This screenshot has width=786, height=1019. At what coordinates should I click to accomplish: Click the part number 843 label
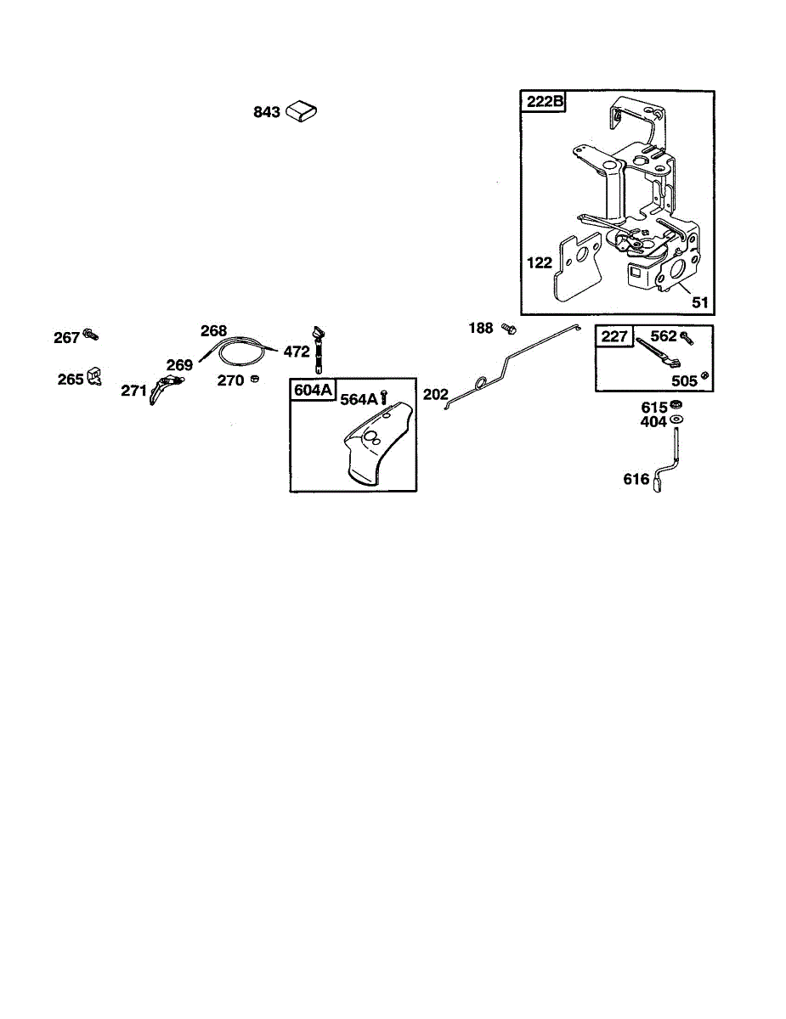point(267,112)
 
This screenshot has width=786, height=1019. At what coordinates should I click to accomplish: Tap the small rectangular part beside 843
point(302,111)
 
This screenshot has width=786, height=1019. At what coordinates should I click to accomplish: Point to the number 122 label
point(539,263)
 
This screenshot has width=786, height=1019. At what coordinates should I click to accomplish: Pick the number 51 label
point(700,302)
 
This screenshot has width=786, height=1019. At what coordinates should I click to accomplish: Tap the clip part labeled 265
point(93,377)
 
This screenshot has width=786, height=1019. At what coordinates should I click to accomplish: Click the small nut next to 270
point(254,379)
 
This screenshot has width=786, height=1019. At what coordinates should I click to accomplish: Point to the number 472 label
point(297,350)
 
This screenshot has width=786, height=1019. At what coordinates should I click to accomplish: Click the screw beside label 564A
point(385,397)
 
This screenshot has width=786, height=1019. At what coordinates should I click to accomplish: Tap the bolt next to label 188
point(508,328)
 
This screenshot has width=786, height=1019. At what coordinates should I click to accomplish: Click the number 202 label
point(434,395)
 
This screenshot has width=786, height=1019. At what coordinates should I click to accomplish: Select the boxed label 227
point(614,337)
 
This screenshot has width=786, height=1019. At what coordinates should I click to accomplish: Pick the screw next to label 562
point(685,338)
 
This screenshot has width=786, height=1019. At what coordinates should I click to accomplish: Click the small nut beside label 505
point(704,376)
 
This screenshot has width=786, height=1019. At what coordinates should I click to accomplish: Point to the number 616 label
point(636,481)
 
